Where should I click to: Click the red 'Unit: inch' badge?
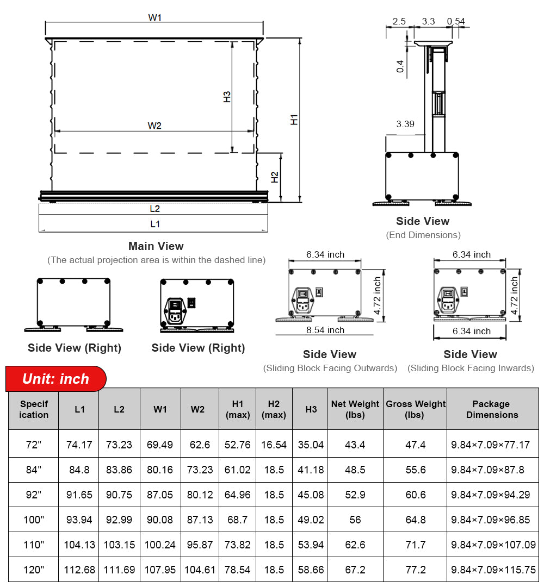(55, 379)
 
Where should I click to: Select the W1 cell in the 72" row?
(160, 445)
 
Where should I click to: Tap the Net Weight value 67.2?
(355, 570)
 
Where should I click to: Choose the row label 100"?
(34, 520)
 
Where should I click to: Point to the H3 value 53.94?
(311, 545)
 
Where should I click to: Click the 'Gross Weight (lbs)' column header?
(415, 409)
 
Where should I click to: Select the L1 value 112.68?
(79, 570)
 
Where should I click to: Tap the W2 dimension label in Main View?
(154, 126)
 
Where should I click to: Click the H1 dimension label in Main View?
(294, 120)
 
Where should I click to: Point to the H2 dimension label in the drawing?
(275, 177)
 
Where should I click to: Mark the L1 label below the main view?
(155, 224)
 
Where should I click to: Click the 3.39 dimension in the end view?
(405, 124)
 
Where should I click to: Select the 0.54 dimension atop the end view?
(456, 22)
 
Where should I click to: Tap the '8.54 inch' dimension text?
(325, 330)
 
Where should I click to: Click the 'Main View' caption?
(156, 246)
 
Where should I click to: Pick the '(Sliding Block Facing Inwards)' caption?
(471, 368)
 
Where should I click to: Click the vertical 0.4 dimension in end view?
(401, 66)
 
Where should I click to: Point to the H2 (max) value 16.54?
(274, 445)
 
